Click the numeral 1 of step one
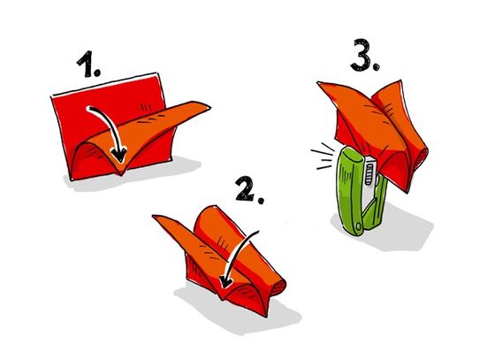coord(85,64)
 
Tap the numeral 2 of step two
coord(246,189)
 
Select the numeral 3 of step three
coord(361,55)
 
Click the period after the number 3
coord(376,66)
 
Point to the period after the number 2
coord(261,200)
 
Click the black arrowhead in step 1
coord(119,155)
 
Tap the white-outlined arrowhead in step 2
coord(226,281)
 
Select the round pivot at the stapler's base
coord(358,226)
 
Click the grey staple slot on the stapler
coord(369,174)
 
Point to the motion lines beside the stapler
coord(323,156)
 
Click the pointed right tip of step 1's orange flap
coord(209,107)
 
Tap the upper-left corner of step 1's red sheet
coord(51,96)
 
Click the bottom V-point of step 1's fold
coord(121,175)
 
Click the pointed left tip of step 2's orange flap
coord(154,217)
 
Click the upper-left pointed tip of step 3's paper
coord(318,82)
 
